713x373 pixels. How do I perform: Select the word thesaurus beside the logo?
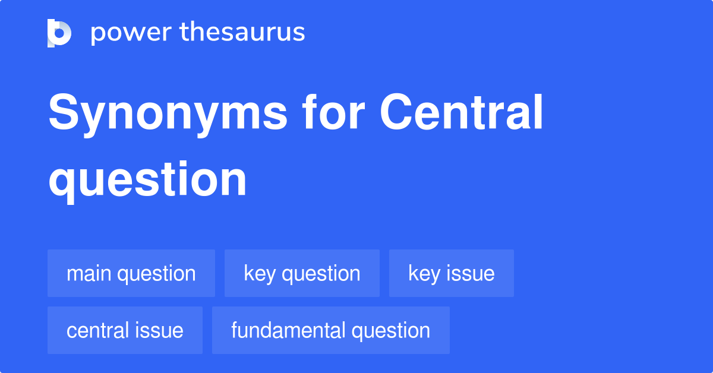coord(242,32)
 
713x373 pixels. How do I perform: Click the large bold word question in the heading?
coord(147,179)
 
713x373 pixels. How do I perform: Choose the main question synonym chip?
coord(131,273)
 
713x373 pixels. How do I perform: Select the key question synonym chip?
coord(302,273)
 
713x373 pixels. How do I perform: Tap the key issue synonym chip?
coord(451,273)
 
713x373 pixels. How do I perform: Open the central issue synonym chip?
coord(125,330)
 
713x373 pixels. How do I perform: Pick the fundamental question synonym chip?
coord(330,330)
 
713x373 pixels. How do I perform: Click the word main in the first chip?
coord(89,273)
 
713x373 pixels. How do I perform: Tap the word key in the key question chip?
coord(260,273)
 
